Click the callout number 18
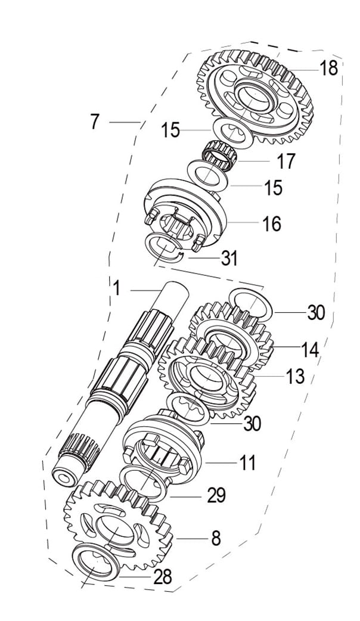pyautogui.click(x=329, y=68)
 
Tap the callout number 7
pyautogui.click(x=94, y=122)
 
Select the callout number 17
pyautogui.click(x=286, y=161)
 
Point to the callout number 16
pyautogui.click(x=272, y=223)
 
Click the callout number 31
pyautogui.click(x=229, y=258)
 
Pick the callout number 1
pyautogui.click(x=116, y=288)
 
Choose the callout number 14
pyautogui.click(x=310, y=350)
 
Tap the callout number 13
pyautogui.click(x=296, y=377)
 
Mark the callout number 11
pyautogui.click(x=247, y=462)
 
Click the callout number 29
pyautogui.click(x=216, y=495)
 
